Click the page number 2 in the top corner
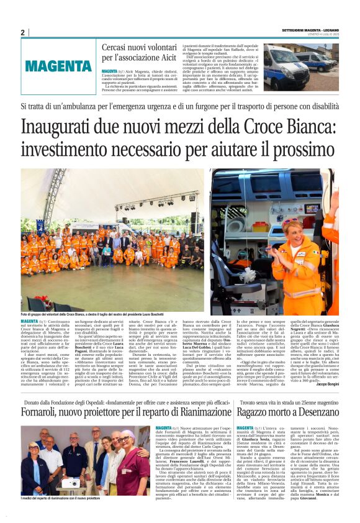(23, 32)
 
